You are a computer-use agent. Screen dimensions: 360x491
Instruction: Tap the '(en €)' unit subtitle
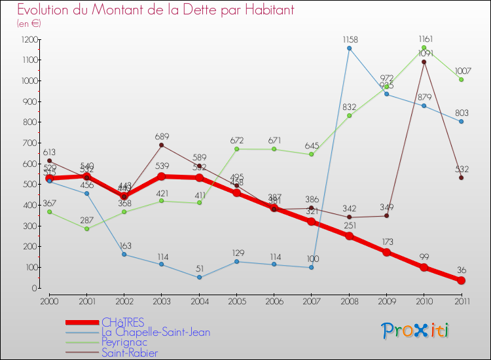29,24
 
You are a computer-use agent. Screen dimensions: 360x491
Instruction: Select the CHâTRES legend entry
123,323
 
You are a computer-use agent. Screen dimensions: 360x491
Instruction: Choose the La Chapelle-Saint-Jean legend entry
156,333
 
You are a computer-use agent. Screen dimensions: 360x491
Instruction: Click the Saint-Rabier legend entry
130,353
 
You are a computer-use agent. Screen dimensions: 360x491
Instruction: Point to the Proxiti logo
416,331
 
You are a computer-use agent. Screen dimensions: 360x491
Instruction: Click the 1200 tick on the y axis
28,39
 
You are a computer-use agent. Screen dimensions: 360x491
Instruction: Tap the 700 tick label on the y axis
28,143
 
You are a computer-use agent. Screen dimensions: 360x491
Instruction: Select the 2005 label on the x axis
236,300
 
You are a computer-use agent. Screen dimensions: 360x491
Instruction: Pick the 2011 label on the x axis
461,300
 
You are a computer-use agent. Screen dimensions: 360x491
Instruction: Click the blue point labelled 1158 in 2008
349,48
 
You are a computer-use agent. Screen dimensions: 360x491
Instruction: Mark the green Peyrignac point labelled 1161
424,47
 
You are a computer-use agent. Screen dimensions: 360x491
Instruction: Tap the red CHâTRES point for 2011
461,280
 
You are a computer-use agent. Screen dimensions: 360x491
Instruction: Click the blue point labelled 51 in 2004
199,277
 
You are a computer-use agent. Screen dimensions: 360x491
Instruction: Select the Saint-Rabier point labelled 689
162,145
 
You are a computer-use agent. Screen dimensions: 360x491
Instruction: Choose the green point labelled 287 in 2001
86,228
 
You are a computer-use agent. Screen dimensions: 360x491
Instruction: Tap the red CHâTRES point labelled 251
349,236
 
